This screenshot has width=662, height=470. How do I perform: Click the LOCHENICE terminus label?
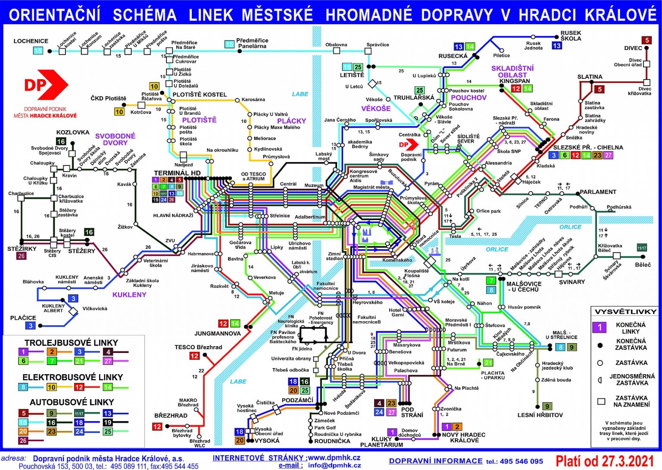(x=31, y=41)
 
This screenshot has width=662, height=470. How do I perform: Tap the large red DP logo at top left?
(x=46, y=85)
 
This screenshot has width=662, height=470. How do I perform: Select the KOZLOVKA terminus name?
(x=72, y=132)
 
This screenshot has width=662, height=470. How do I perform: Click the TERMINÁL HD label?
(x=177, y=173)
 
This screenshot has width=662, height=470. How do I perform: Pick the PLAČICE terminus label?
(x=23, y=318)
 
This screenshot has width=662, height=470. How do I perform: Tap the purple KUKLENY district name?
(x=129, y=295)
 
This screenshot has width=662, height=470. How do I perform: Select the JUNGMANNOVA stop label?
(x=217, y=333)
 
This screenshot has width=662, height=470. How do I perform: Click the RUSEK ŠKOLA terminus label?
(x=571, y=35)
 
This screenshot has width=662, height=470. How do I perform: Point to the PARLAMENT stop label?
(x=598, y=192)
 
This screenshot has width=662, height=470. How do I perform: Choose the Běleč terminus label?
(x=643, y=265)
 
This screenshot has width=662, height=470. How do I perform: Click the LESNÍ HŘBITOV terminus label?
(x=540, y=415)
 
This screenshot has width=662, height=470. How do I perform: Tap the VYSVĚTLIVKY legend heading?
(x=625, y=312)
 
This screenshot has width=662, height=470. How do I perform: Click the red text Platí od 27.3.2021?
(x=605, y=461)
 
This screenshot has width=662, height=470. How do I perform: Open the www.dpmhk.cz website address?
(x=334, y=457)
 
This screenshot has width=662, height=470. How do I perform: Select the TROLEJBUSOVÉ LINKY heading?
(x=71, y=343)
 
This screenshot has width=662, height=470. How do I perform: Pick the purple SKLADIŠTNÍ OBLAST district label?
(x=512, y=71)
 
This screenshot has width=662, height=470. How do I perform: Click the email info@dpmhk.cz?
(x=334, y=465)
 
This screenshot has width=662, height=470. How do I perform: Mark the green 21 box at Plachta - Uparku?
(x=488, y=363)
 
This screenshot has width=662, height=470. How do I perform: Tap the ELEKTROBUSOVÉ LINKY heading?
(x=72, y=377)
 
